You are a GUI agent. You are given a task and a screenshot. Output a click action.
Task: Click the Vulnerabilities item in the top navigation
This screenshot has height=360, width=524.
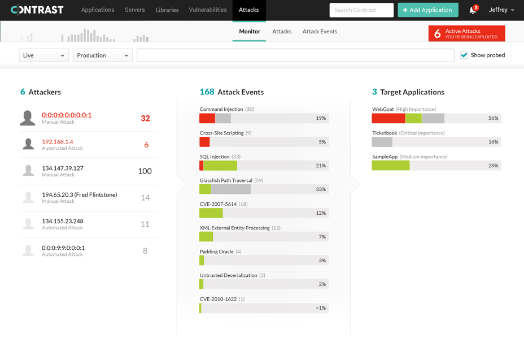[207, 10]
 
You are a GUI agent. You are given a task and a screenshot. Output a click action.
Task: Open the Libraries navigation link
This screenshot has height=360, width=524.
[167, 10]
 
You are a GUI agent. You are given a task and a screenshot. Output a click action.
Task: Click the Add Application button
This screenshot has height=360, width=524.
[427, 10]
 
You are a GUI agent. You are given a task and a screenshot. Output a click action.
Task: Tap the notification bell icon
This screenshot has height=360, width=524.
[473, 10]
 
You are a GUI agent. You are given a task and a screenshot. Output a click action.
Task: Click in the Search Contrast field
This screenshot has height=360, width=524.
[361, 10]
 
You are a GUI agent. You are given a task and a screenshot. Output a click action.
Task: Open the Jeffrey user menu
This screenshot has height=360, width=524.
[501, 10]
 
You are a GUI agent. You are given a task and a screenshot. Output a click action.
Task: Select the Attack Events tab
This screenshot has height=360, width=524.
[320, 32]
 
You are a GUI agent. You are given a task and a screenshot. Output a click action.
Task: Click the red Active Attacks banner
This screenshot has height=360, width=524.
[466, 34]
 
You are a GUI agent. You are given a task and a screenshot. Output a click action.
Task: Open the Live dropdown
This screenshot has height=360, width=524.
[43, 55]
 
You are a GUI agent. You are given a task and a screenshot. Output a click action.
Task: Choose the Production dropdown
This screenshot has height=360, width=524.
[102, 55]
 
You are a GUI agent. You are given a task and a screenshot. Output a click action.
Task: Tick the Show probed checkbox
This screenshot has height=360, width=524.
[464, 55]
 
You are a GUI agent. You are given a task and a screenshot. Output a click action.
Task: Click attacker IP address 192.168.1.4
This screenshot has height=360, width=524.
[58, 142]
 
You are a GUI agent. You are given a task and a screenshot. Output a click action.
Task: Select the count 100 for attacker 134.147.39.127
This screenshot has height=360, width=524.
[145, 171]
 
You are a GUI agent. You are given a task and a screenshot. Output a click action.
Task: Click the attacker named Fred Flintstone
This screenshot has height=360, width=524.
[79, 195]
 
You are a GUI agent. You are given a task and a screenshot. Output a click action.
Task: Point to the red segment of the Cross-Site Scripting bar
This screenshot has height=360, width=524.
[204, 142]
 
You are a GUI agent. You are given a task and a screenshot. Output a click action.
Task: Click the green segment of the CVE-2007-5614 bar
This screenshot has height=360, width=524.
[211, 213]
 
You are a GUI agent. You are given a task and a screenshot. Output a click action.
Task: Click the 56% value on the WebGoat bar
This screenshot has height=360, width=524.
[493, 118]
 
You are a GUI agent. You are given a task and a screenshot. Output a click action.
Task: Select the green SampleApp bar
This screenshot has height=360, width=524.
[390, 166]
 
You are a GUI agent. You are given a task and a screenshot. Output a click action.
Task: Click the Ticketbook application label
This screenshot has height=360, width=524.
[384, 133]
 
